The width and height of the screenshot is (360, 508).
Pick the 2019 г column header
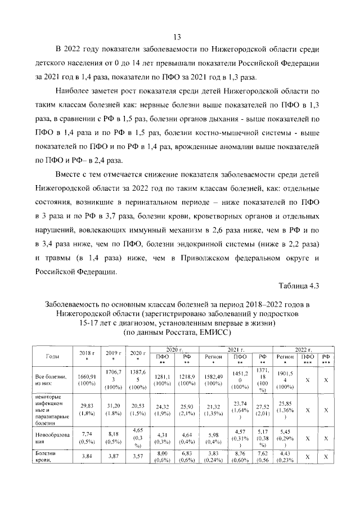coord(114,356)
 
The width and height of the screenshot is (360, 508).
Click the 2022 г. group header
coord(303,349)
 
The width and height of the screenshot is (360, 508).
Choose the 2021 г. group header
coord(236,349)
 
